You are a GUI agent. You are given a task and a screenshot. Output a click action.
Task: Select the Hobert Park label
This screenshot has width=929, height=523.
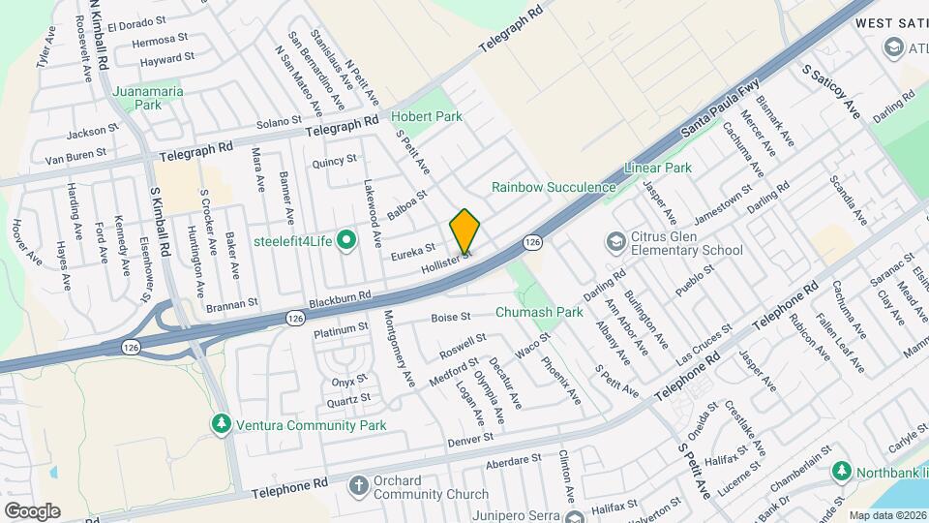(x=427, y=116)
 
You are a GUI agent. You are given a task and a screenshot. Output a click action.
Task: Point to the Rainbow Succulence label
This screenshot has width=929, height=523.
(x=554, y=187)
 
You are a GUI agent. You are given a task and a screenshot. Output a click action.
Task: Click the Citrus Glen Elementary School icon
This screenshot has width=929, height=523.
(x=615, y=240)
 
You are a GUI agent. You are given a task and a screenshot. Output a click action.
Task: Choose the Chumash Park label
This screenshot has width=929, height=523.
(x=539, y=312)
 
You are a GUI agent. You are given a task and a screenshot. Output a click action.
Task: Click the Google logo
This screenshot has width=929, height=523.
(x=32, y=510)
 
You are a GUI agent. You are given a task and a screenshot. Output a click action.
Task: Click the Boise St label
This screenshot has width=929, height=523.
(x=450, y=317)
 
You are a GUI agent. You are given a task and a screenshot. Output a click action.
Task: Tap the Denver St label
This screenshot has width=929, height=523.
(x=470, y=440)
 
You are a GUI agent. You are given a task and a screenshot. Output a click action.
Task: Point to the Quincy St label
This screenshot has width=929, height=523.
(x=334, y=160)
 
